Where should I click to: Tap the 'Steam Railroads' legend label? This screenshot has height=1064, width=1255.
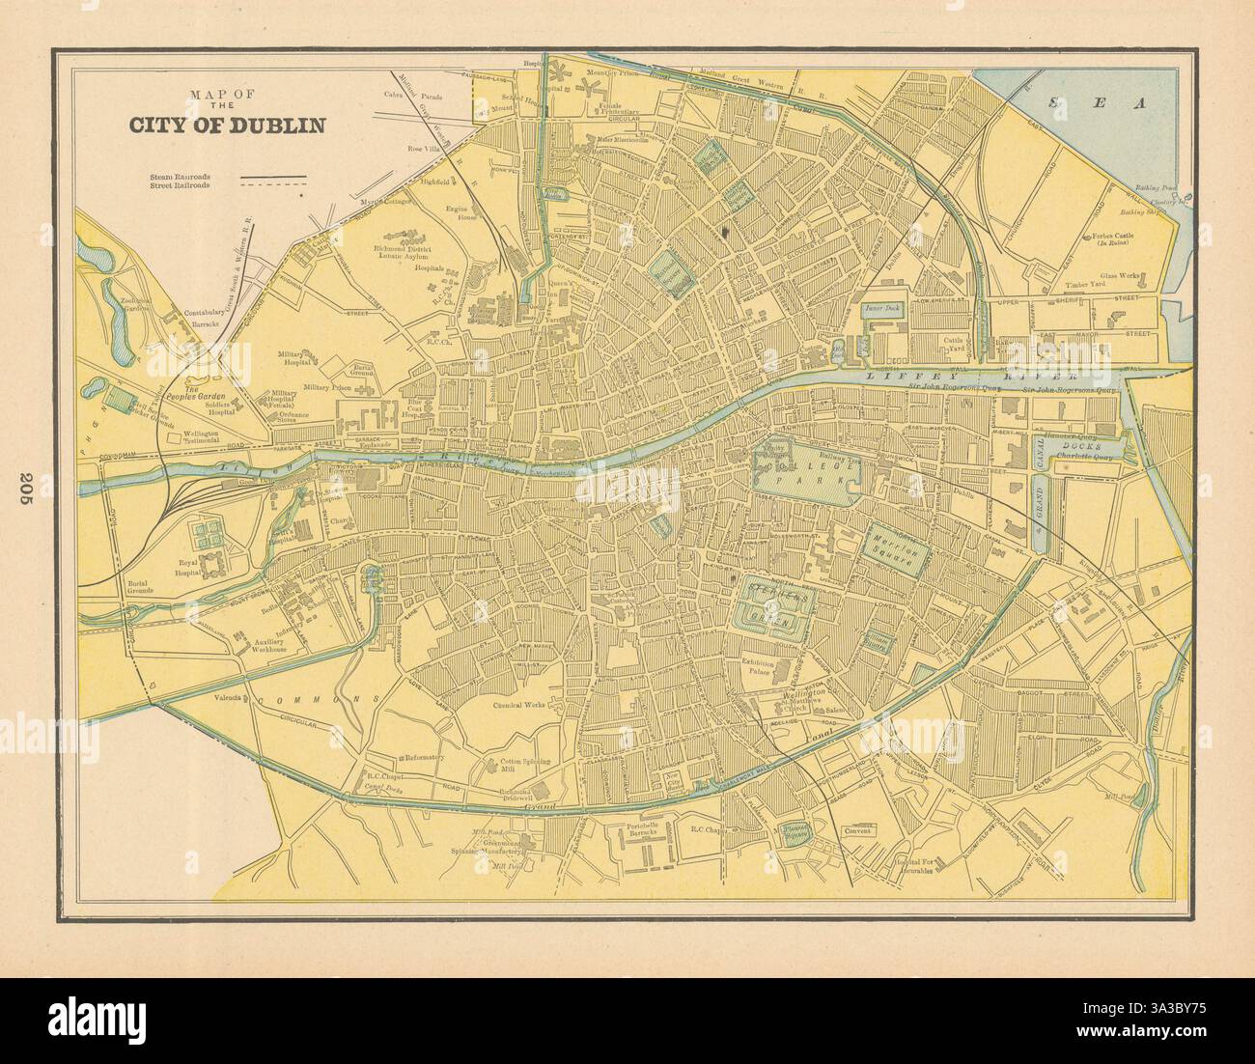(x=180, y=178)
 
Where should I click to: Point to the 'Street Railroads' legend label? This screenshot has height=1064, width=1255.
(x=181, y=187)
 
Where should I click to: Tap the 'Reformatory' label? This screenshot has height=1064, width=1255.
(x=424, y=757)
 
